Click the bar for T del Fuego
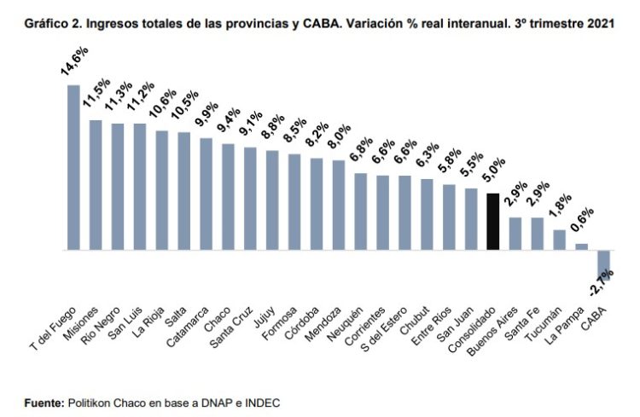(x=73, y=167)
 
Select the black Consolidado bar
(x=492, y=222)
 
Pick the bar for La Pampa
(x=581, y=247)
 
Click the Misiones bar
(x=96, y=185)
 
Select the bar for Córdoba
(x=316, y=205)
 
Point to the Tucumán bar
(x=559, y=240)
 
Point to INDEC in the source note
(x=261, y=402)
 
